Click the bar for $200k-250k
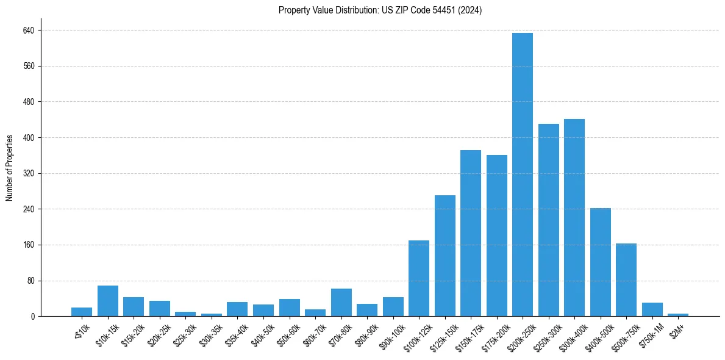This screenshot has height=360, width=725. click(x=523, y=175)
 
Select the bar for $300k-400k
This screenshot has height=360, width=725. click(x=574, y=218)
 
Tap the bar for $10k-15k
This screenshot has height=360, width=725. click(x=108, y=301)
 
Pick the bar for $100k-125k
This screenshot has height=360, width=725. click(x=419, y=278)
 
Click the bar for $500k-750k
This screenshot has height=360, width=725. click(x=626, y=280)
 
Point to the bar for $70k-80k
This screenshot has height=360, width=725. click(x=341, y=303)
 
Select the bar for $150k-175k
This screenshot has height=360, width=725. click(x=471, y=233)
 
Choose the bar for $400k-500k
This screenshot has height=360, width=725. click(x=601, y=262)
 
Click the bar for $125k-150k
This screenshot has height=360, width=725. click(x=445, y=256)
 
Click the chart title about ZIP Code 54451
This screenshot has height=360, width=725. click(x=380, y=10)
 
